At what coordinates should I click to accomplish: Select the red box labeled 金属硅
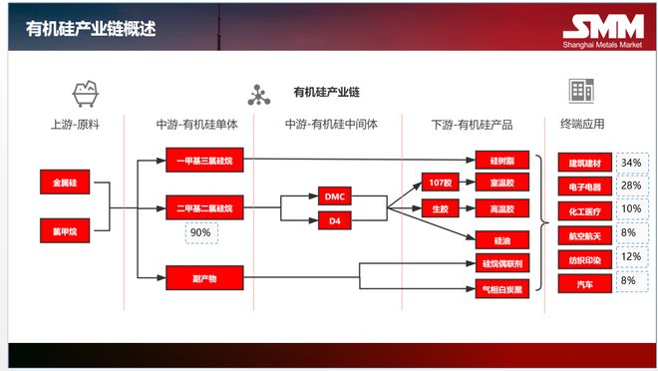coord(65,184)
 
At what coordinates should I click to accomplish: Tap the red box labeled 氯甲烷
coord(65,228)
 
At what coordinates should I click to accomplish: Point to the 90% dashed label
coord(200,232)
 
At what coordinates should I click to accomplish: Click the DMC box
coord(334,196)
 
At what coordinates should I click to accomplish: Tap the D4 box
coord(334,219)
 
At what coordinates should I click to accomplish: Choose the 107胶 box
coord(440,184)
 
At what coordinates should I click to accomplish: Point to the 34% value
coord(631,162)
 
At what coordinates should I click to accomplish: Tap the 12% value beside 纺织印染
coord(631,256)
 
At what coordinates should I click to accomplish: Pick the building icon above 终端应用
coord(581,91)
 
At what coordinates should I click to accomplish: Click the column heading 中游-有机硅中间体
coord(328,126)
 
